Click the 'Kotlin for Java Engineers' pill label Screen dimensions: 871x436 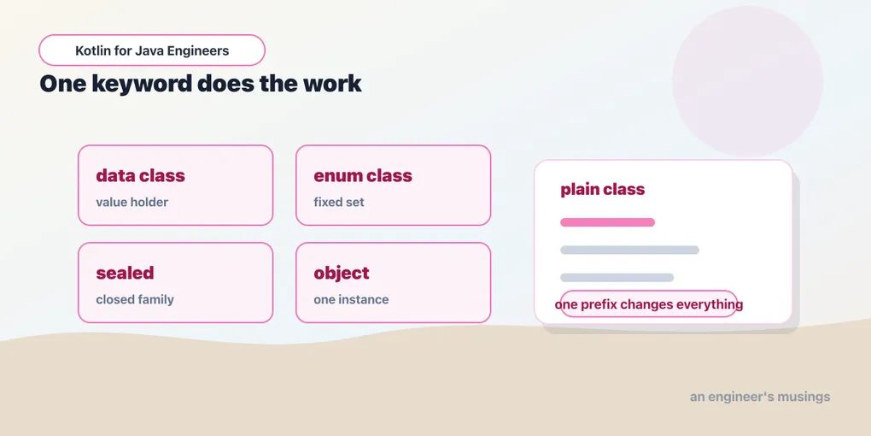click(x=152, y=50)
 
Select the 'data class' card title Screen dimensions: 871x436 click(x=140, y=176)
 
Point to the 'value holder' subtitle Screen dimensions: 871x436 click(x=132, y=202)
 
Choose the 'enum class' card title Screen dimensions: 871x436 click(x=363, y=176)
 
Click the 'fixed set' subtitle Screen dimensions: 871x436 click(x=339, y=202)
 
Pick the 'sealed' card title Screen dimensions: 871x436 click(x=125, y=273)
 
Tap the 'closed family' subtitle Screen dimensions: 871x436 click(x=135, y=299)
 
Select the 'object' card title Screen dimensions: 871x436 click(x=341, y=273)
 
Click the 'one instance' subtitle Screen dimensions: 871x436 click(x=351, y=299)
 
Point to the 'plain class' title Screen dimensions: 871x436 click(x=602, y=189)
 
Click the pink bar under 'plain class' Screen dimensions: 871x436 click(x=608, y=222)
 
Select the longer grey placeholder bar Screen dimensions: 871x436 click(x=629, y=250)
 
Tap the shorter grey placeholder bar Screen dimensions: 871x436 click(x=617, y=278)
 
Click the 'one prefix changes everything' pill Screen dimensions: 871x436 click(x=648, y=304)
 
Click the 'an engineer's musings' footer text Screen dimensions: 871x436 click(x=760, y=397)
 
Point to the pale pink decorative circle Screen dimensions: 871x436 click(x=747, y=81)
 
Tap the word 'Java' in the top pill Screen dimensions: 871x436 click(x=146, y=50)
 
